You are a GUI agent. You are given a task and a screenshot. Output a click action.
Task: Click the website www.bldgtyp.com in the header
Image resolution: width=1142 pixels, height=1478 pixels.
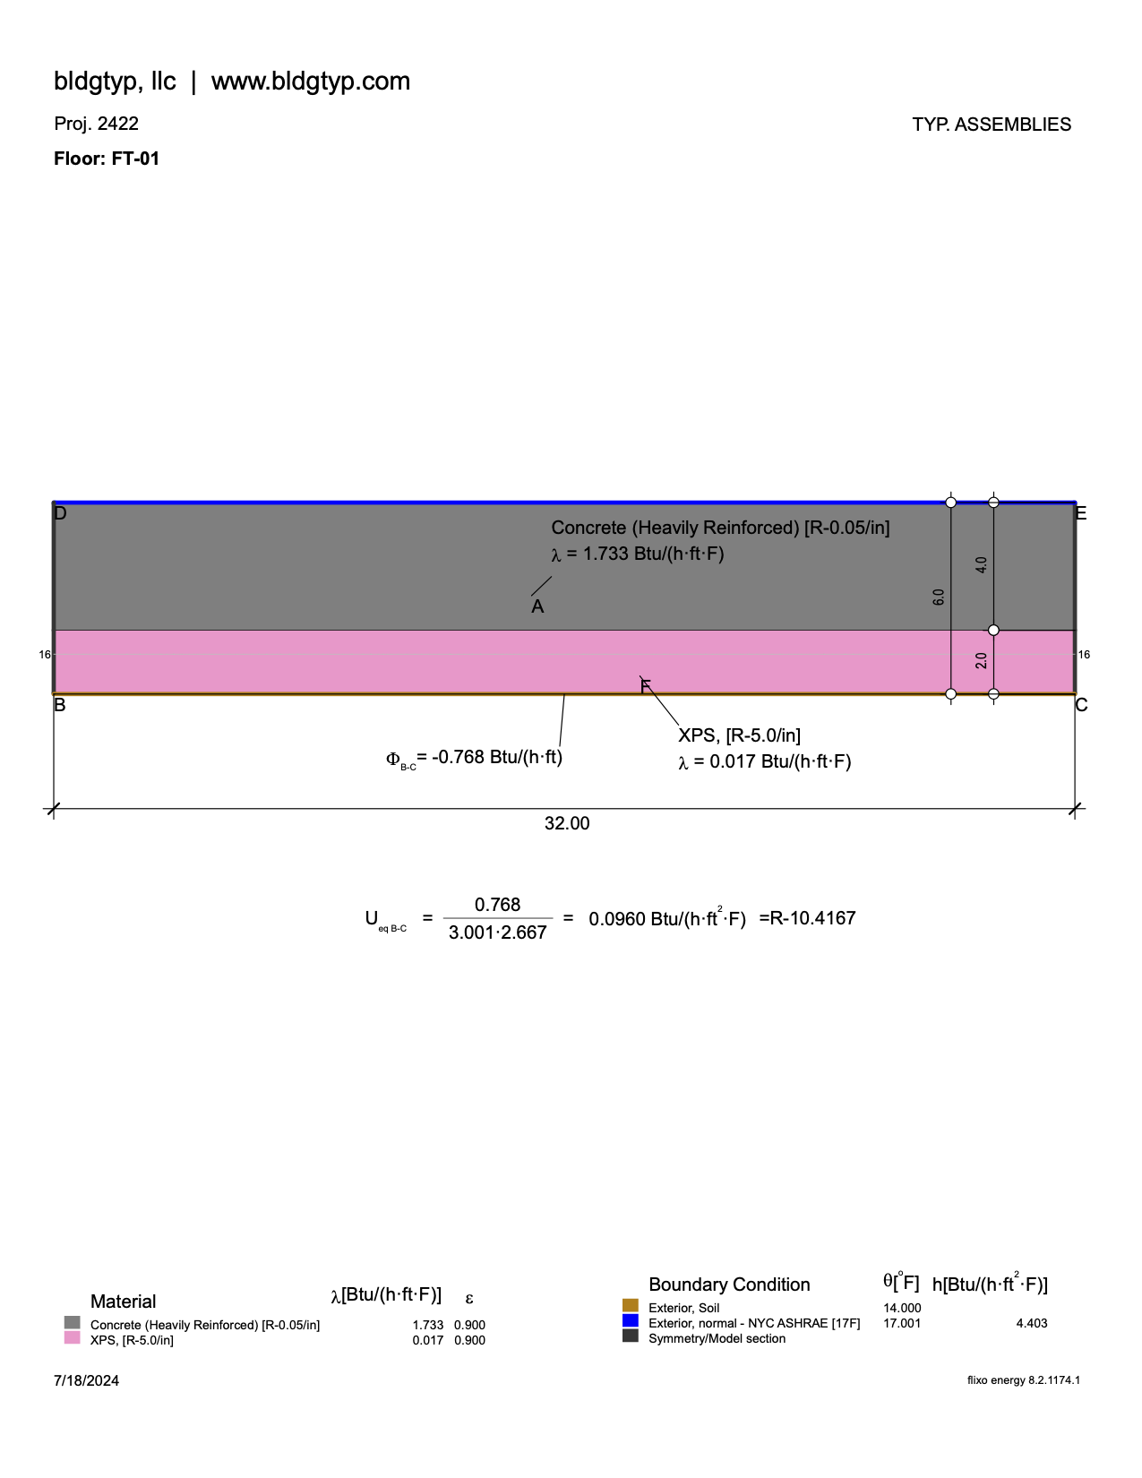(310, 82)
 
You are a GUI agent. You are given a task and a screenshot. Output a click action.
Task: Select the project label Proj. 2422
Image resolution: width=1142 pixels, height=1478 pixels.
(96, 124)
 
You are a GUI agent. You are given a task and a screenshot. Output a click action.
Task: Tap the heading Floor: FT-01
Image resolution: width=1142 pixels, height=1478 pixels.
(107, 159)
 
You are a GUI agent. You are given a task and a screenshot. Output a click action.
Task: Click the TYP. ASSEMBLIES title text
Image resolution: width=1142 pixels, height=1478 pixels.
(992, 125)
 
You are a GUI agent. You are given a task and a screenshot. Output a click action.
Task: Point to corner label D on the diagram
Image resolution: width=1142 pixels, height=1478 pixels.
(60, 513)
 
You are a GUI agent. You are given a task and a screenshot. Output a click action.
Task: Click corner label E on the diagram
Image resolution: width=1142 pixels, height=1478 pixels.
(1080, 513)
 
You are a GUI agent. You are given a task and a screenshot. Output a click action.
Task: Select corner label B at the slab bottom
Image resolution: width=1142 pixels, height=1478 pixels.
(60, 705)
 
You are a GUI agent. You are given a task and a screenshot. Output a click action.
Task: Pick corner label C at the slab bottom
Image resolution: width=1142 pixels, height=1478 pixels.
(1081, 705)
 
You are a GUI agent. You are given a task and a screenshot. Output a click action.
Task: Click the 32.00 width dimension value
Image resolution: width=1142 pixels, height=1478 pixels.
(567, 823)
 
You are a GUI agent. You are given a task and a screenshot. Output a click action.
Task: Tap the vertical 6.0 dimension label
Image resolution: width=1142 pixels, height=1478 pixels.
(939, 597)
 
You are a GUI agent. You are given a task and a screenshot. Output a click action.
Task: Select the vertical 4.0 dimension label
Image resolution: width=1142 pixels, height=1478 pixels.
(982, 565)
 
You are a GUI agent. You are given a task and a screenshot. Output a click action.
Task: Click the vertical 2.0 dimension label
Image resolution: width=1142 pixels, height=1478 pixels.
(982, 661)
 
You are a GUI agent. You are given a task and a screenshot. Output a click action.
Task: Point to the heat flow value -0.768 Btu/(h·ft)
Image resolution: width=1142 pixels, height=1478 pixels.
(496, 758)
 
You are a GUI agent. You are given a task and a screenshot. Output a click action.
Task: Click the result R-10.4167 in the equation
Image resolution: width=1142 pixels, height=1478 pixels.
(807, 918)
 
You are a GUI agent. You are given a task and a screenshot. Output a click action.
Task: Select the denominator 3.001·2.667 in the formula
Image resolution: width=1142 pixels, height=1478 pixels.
(497, 932)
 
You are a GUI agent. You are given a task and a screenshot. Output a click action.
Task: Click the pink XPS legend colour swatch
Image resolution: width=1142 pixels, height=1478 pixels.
(73, 1338)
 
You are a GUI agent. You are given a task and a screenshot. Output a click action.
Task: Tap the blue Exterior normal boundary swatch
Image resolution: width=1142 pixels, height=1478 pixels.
(631, 1321)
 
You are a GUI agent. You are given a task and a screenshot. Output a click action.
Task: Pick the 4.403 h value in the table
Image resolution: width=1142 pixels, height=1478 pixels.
(1031, 1323)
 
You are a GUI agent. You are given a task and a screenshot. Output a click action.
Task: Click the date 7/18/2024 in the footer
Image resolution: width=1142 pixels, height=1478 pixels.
(86, 1380)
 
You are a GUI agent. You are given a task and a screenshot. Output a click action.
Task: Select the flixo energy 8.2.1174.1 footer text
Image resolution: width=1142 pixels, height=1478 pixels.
(1023, 1380)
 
